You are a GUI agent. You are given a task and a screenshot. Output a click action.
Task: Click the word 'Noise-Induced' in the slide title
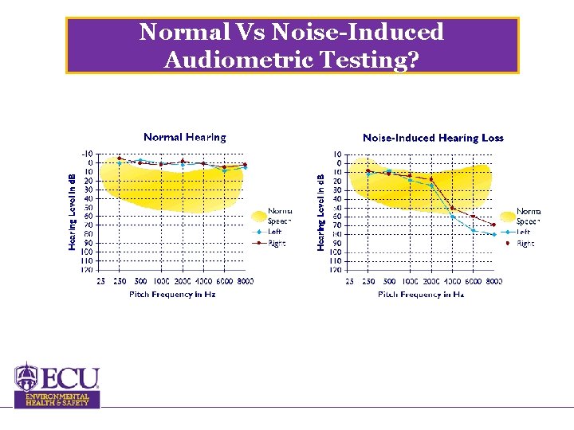(x=359, y=32)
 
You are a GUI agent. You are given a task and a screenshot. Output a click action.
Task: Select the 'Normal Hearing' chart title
(x=185, y=138)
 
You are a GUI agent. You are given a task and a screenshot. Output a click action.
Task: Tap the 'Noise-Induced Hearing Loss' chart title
(x=433, y=138)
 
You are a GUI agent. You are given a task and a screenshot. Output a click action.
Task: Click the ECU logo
(x=57, y=377)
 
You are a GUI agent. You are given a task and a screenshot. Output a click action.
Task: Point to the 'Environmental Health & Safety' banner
(x=57, y=399)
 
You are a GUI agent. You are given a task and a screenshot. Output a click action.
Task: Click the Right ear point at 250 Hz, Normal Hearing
(x=120, y=158)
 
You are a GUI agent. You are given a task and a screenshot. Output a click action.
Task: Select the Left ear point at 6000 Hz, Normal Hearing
(x=224, y=170)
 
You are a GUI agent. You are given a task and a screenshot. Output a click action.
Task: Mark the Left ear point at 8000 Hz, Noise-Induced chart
(x=494, y=234)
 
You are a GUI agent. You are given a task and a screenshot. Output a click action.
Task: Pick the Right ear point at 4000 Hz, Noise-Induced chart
(x=453, y=209)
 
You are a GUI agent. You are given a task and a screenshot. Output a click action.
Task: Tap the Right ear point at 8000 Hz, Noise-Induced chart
(x=494, y=225)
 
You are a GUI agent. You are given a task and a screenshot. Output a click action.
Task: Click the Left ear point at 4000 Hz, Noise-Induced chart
(x=453, y=217)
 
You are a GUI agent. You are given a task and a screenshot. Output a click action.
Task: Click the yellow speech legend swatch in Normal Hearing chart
(x=258, y=215)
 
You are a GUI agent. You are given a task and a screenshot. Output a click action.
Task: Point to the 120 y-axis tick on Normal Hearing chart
(x=86, y=270)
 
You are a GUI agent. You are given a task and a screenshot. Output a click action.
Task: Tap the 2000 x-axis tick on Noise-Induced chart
(x=431, y=281)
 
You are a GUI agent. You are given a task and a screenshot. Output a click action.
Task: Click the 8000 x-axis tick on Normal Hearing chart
(x=245, y=281)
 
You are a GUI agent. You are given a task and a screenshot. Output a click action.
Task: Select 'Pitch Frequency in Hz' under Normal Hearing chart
(x=172, y=295)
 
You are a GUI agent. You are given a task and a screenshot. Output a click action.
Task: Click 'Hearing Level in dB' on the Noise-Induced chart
(x=321, y=212)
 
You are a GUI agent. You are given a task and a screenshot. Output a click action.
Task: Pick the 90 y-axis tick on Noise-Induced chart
(x=337, y=243)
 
